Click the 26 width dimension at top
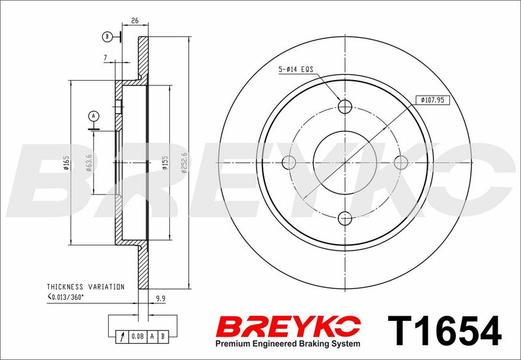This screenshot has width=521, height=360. (135, 21)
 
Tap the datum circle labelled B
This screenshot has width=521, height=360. (107, 36)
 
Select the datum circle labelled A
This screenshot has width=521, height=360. (94, 116)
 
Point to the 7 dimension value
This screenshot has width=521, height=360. (106, 58)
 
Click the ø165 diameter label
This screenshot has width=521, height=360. (66, 163)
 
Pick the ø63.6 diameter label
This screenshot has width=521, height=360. (89, 163)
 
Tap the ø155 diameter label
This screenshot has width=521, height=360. (165, 163)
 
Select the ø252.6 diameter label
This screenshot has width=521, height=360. (184, 163)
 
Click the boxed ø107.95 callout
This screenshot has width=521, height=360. (432, 100)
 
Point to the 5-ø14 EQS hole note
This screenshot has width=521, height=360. (296, 70)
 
